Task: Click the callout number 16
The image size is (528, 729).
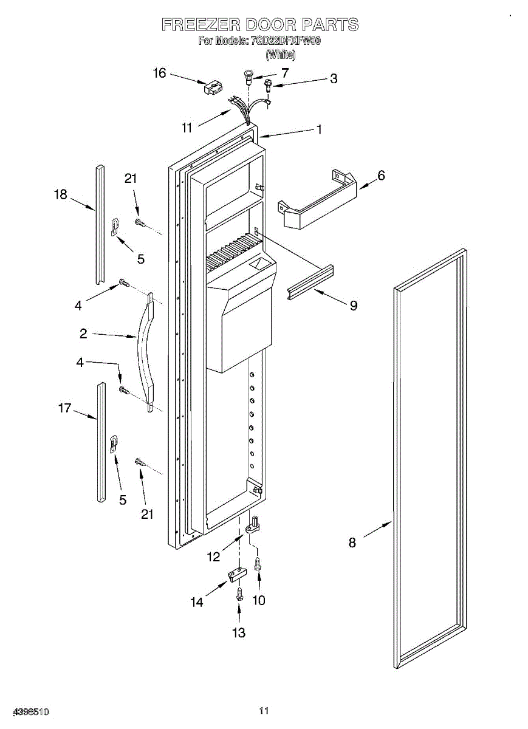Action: coord(159,73)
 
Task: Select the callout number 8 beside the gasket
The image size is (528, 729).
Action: coord(352,543)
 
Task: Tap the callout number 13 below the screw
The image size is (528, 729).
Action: coord(239,633)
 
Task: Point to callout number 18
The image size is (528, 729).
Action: coord(60,194)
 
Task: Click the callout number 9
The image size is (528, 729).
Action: coord(353,306)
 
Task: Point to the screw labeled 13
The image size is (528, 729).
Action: coord(239,593)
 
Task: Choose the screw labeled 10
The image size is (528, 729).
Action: coord(258,564)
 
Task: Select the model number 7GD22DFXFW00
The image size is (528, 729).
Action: coord(285,42)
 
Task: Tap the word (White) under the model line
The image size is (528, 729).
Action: coord(281,55)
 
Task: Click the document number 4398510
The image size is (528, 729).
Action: coord(25,711)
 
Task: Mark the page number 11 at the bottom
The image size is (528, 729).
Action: coord(264,710)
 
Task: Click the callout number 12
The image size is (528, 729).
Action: coord(214,557)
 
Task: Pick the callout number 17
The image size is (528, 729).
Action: coord(65,408)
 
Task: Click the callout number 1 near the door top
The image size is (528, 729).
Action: coord(318,129)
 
